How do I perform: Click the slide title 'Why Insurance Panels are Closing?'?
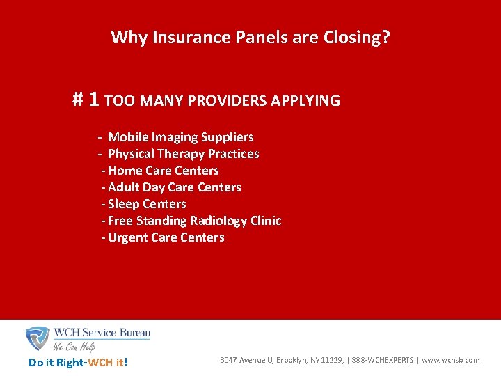(250, 37)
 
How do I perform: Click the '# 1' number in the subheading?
(87, 100)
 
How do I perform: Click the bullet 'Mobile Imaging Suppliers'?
(180, 137)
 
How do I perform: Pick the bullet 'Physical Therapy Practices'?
(183, 154)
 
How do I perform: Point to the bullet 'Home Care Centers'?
(164, 171)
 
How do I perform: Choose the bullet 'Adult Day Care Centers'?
(175, 187)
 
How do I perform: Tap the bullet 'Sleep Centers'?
(147, 204)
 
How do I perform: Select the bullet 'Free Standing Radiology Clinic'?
(195, 221)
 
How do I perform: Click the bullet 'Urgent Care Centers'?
(166, 237)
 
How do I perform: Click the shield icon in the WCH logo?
(37, 338)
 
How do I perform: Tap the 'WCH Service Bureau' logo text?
(102, 333)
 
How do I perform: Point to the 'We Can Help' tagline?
(75, 346)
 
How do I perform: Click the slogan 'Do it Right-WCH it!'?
(78, 362)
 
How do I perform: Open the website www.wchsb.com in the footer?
(450, 360)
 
